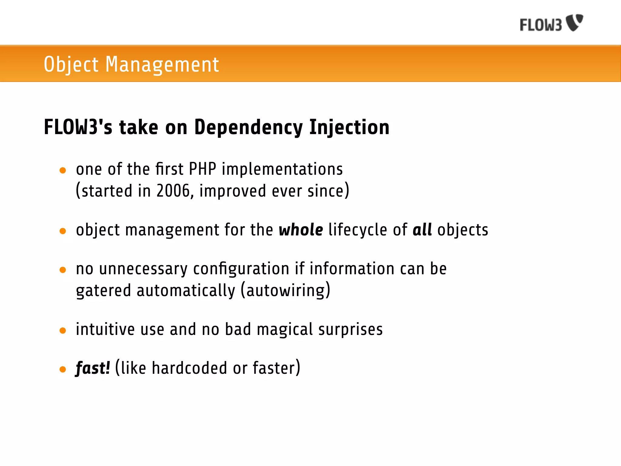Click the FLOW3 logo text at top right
(x=541, y=25)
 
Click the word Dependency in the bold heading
(x=248, y=127)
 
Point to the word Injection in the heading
(x=349, y=127)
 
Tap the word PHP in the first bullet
(x=202, y=169)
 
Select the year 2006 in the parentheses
(x=173, y=191)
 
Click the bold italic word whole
(x=301, y=230)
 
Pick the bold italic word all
(x=422, y=230)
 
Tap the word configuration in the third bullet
(x=241, y=269)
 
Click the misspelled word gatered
(x=103, y=291)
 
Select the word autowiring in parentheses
(x=285, y=291)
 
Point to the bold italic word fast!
(x=92, y=368)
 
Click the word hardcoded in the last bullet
(x=189, y=368)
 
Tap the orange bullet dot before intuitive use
(x=63, y=330)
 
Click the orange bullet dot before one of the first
(x=63, y=170)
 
